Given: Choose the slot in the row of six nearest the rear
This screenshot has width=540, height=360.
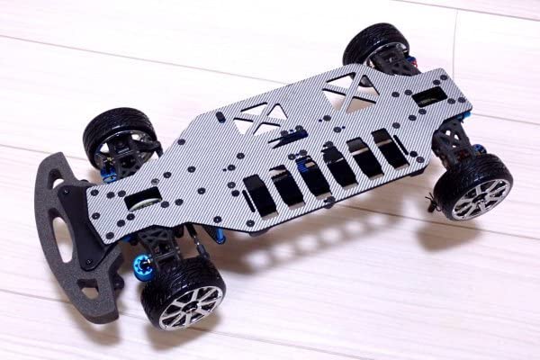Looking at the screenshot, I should click(390, 149).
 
